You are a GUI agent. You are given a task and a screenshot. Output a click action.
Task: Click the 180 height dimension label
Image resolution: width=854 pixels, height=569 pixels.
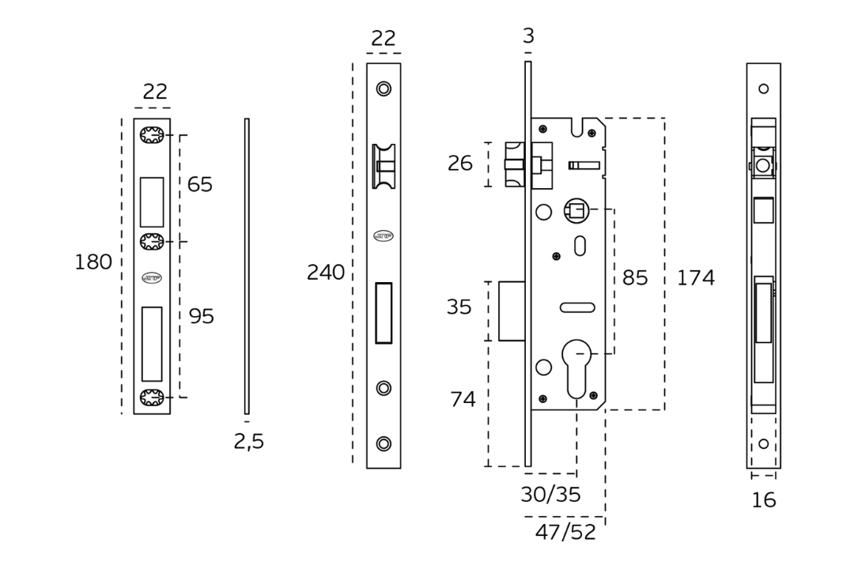[x=93, y=262]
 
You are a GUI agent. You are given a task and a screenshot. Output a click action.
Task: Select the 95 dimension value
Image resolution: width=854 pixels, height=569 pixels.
[x=202, y=316]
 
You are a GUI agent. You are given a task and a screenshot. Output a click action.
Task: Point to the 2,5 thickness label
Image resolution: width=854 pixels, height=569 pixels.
[x=248, y=442]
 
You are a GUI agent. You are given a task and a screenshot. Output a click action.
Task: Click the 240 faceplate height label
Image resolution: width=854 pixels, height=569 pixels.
[x=326, y=273]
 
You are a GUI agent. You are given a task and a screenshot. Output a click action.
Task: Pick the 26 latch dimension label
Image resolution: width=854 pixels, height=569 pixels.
[x=459, y=164]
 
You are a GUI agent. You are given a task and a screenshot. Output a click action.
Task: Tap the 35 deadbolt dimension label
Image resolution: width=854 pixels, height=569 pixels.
[x=459, y=307]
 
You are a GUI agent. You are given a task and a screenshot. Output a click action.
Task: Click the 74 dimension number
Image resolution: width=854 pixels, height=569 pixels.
[x=462, y=400]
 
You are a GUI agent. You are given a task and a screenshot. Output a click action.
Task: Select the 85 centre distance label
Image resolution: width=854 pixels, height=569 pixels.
[x=635, y=278]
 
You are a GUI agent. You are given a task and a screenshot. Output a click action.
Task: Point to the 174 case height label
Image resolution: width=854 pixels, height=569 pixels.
[x=695, y=278]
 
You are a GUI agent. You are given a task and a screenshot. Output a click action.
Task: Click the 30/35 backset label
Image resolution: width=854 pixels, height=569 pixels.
[x=550, y=495]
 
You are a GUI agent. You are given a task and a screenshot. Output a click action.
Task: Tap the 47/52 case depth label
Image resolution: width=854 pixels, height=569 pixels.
[x=565, y=532]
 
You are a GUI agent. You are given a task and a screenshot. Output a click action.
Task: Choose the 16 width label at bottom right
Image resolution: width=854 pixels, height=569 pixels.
[x=764, y=499]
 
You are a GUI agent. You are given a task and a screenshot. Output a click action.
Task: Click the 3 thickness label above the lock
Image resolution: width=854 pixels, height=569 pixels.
[x=528, y=36]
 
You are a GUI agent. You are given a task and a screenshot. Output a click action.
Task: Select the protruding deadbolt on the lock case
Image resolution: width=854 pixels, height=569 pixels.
[x=509, y=310]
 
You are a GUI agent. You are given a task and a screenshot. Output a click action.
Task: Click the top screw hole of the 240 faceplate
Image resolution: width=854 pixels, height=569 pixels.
[x=384, y=89]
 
